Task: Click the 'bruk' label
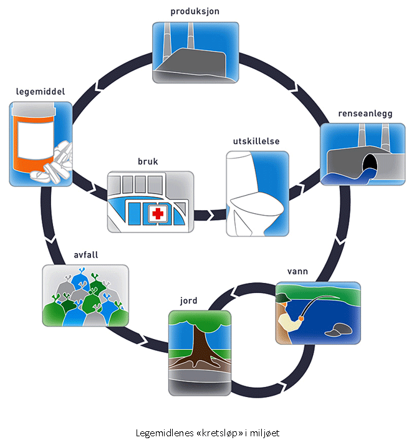[148, 161]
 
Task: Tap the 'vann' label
[298, 272]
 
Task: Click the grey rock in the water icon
[340, 329]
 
